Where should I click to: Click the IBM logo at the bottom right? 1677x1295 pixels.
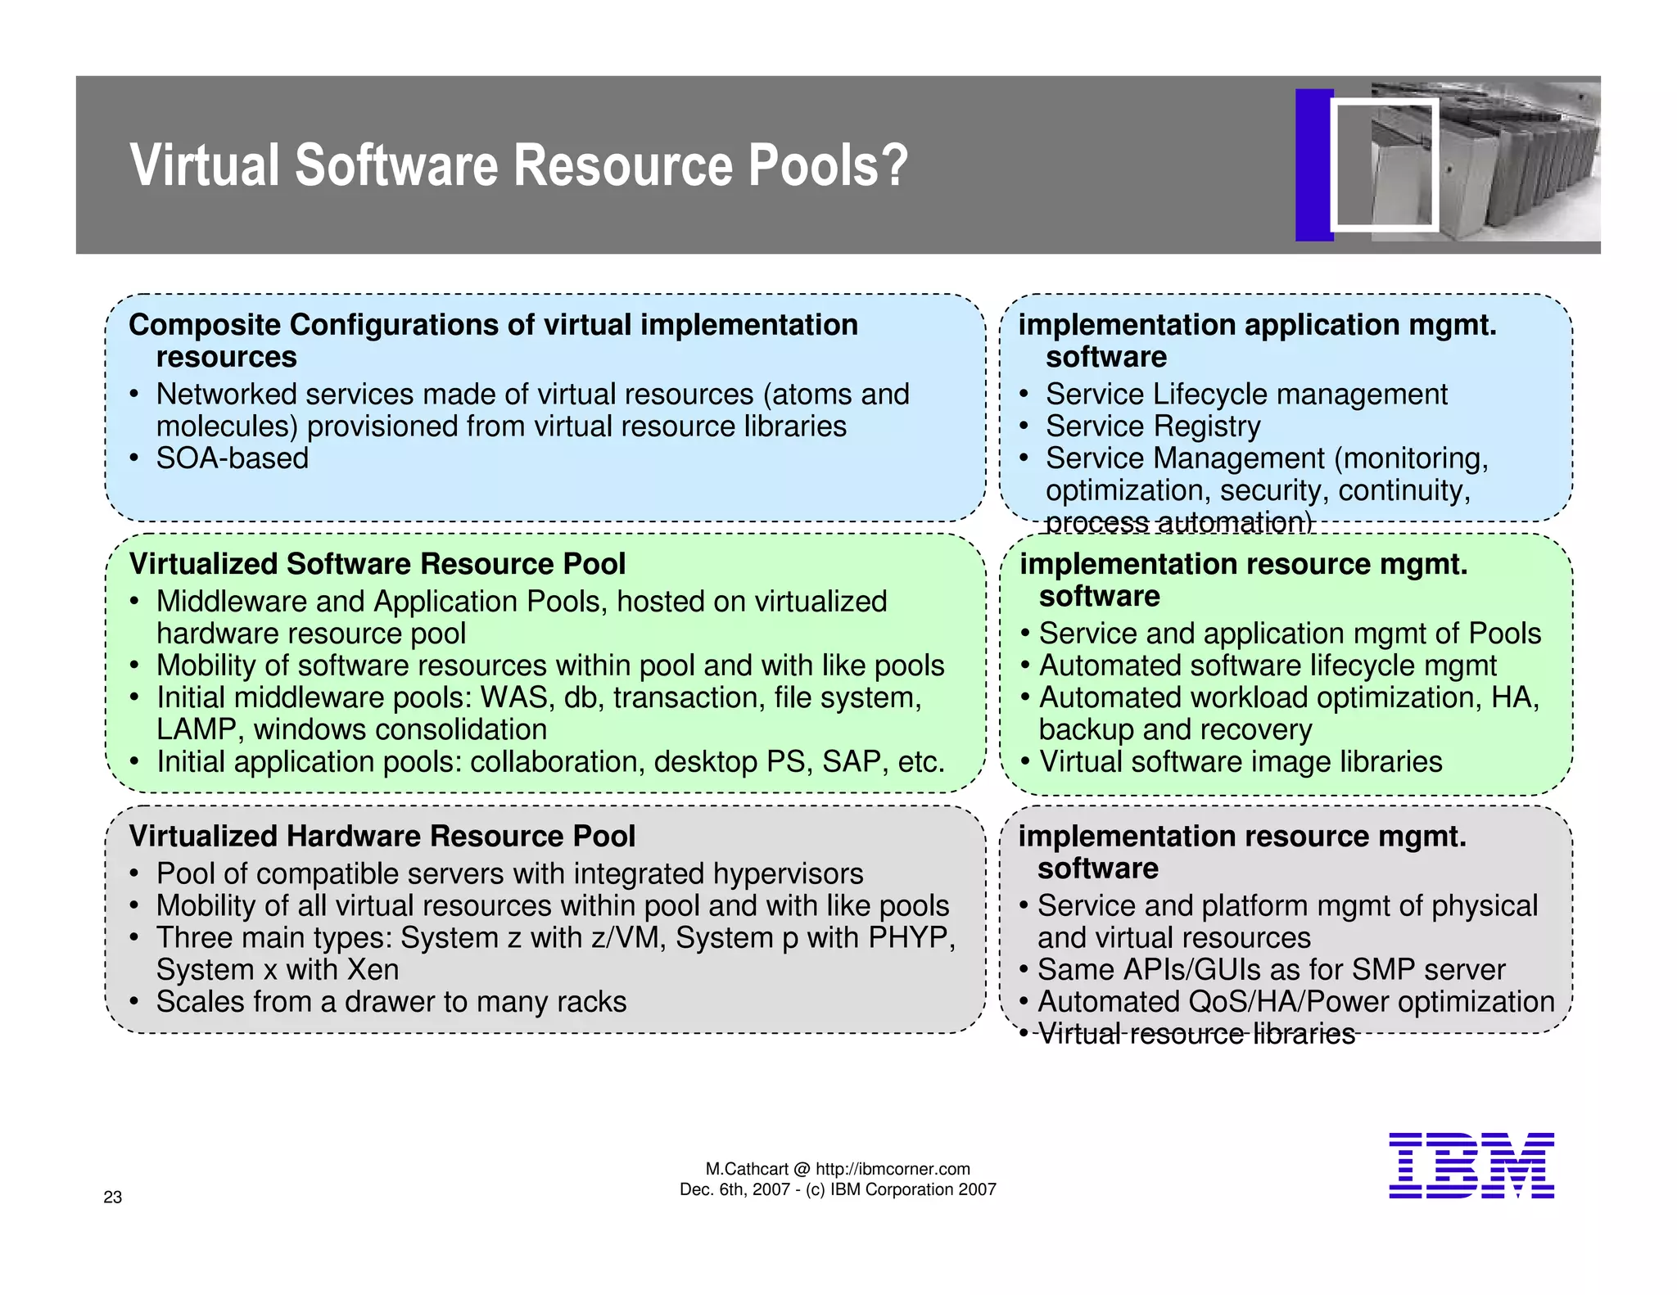click(x=1471, y=1165)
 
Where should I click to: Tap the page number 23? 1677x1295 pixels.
click(x=113, y=1197)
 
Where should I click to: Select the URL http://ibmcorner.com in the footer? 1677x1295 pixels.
click(x=893, y=1169)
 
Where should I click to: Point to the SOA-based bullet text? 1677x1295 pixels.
click(x=233, y=458)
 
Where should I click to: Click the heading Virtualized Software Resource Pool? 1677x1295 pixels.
click(x=377, y=564)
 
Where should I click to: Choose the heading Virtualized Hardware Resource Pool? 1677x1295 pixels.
click(x=382, y=836)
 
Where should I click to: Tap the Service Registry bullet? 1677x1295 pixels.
click(x=1153, y=426)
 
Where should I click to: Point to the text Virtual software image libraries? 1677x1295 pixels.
click(x=1241, y=762)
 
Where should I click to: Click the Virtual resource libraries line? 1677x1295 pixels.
click(x=1196, y=1034)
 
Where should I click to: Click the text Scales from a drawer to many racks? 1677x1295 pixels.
click(x=391, y=1002)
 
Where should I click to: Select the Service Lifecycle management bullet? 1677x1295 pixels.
click(x=1246, y=395)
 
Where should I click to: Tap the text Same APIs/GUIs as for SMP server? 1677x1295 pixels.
click(x=1271, y=970)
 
